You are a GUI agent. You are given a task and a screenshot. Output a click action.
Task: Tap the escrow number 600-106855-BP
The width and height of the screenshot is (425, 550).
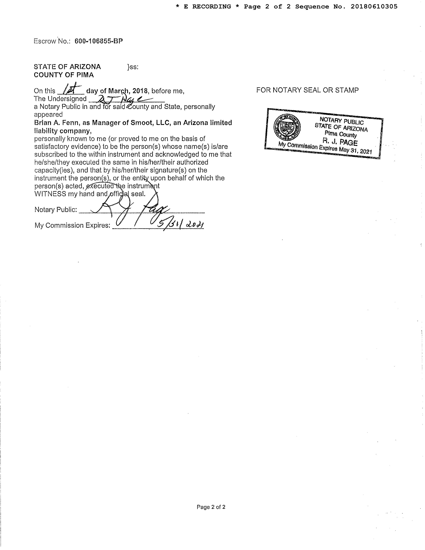[99, 41]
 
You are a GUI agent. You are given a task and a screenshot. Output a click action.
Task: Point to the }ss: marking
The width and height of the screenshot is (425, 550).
[133, 67]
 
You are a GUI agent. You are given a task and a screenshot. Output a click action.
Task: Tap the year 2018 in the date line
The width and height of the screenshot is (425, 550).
[140, 91]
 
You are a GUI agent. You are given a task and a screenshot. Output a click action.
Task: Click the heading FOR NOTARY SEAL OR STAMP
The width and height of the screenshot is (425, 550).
[307, 90]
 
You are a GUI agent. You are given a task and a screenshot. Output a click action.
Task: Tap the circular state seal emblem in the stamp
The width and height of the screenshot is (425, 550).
[287, 127]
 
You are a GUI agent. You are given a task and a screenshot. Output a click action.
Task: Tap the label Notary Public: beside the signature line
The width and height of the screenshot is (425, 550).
[56, 210]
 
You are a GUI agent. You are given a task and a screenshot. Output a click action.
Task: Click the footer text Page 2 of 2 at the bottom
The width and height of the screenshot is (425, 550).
[211, 507]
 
